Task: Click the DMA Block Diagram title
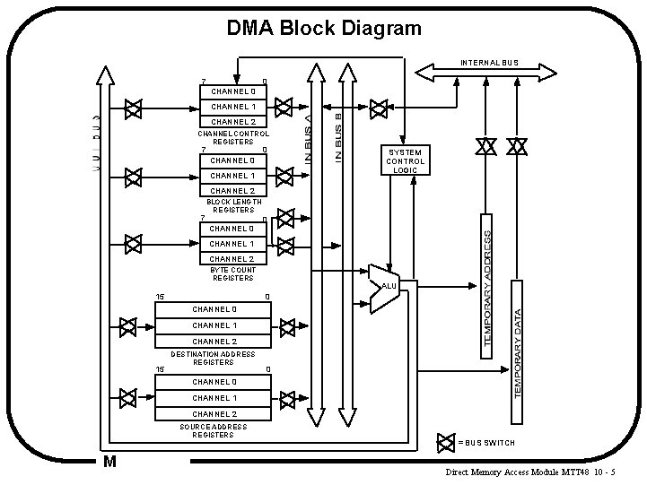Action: coord(323,29)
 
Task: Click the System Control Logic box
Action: coord(405,160)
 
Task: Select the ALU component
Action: coord(384,287)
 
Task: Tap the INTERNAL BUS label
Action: coord(490,63)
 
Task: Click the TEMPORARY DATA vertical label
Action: coord(518,341)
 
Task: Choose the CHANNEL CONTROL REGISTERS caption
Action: coord(232,137)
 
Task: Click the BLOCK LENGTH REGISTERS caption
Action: coord(232,206)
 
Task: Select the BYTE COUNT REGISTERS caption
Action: coord(232,273)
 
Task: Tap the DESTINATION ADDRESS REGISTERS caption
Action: coord(213,358)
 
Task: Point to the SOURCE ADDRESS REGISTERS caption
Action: coord(213,431)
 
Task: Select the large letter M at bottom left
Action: coord(109,462)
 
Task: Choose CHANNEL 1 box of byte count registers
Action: coord(232,244)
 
